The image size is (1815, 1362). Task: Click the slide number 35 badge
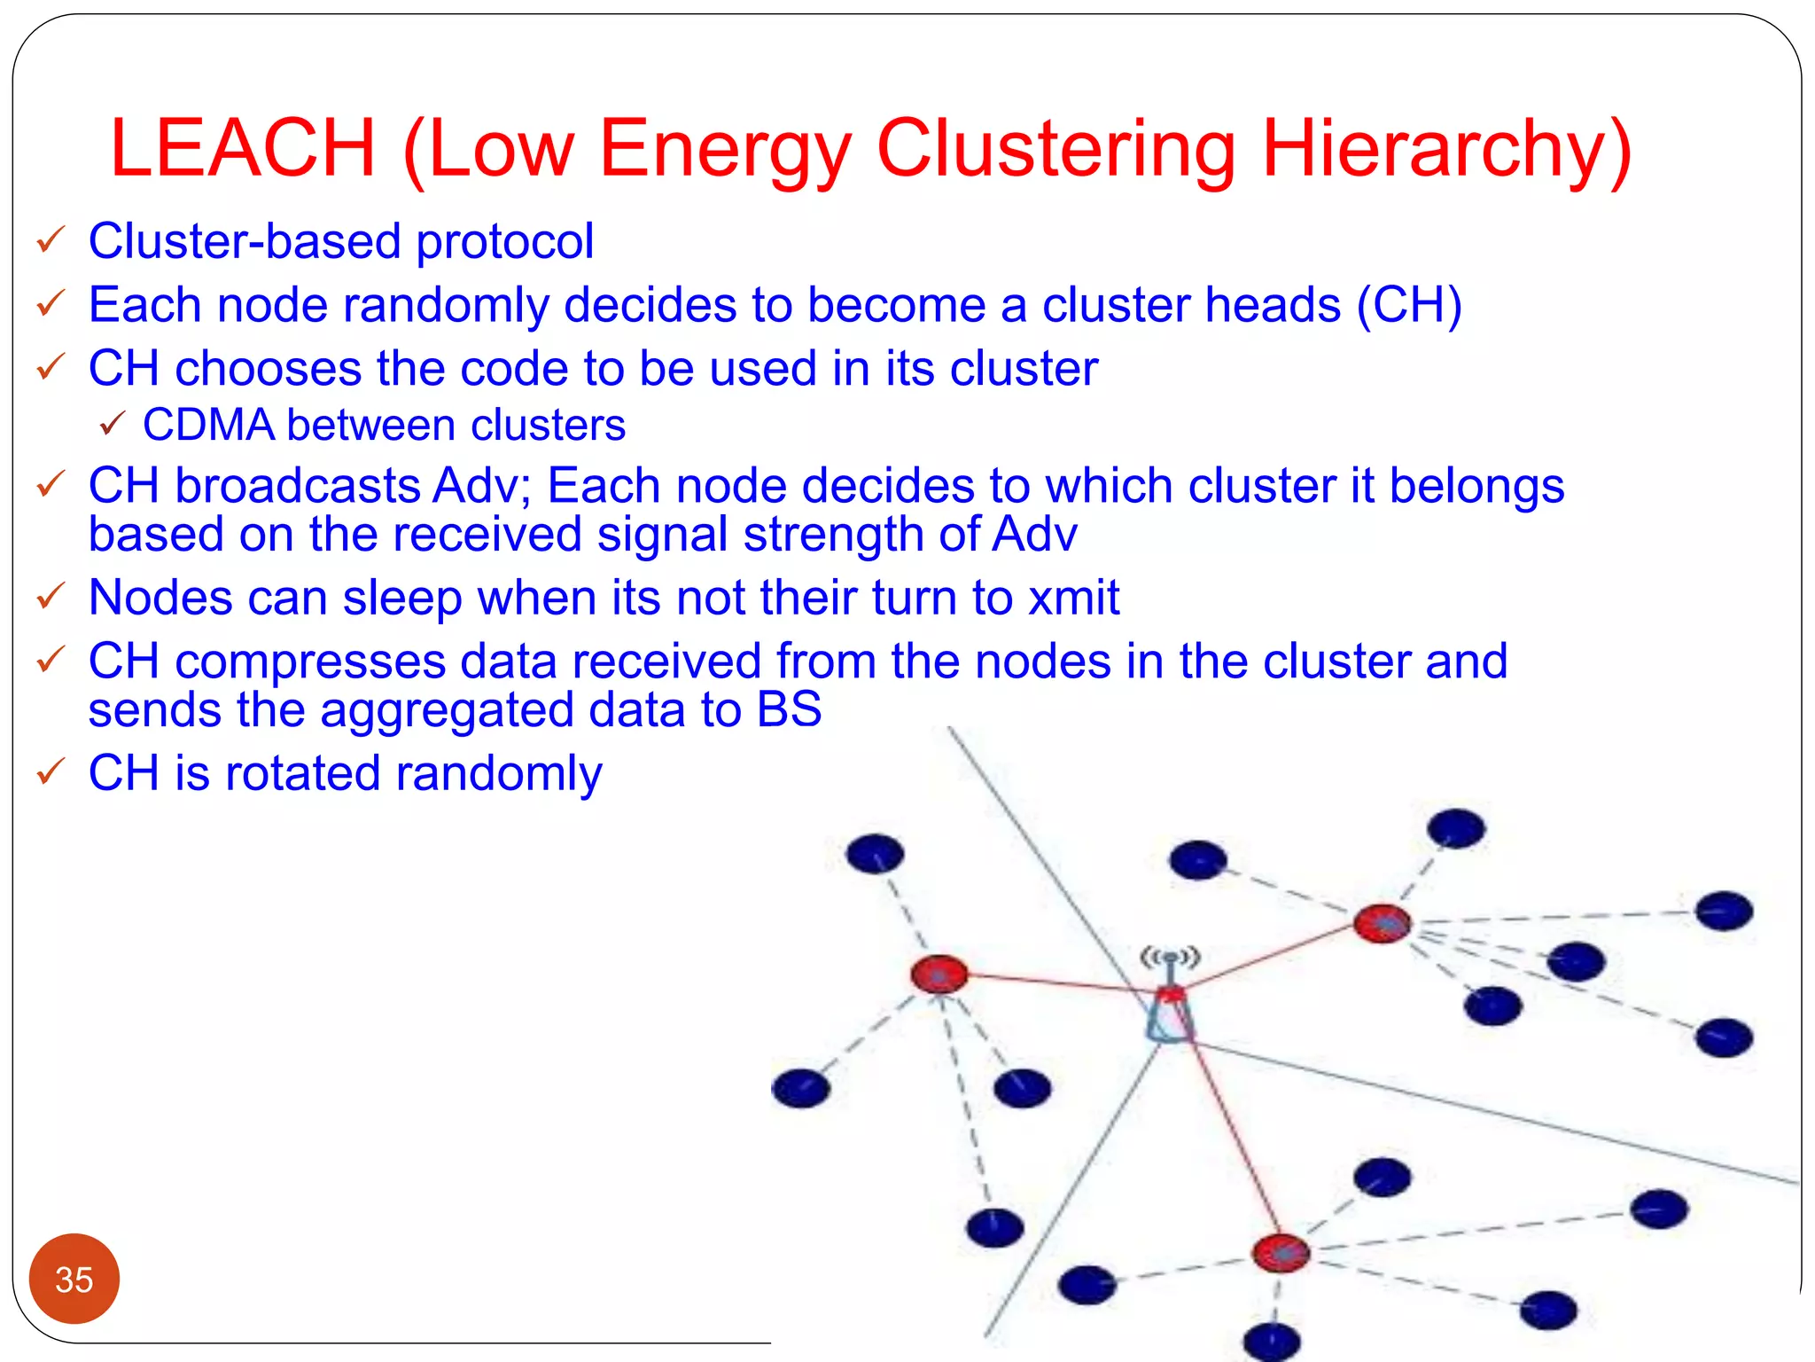pos(74,1279)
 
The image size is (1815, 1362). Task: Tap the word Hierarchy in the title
pos(1445,148)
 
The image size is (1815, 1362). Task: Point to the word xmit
pos(1073,597)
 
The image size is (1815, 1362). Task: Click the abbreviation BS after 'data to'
pos(789,709)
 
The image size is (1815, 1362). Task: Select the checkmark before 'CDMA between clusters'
pos(113,424)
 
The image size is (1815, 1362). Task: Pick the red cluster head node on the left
pos(939,974)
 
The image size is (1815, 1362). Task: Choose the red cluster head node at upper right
pos(1383,924)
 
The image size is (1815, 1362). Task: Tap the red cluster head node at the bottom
pos(1281,1252)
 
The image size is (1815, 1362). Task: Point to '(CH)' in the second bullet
pos(1409,305)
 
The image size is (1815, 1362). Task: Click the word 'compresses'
pos(309,661)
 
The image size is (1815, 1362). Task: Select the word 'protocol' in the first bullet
pos(505,241)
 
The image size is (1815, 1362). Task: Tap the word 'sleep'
pos(402,597)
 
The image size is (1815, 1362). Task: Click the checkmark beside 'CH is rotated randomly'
pos(51,771)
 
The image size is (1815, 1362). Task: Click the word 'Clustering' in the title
pos(1056,148)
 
